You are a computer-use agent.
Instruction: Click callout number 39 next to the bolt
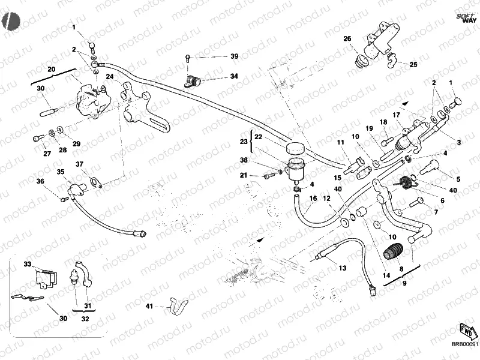pyautogui.click(x=234, y=56)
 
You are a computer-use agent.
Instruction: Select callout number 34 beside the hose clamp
pyautogui.click(x=234, y=77)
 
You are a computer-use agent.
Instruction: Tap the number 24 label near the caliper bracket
pyautogui.click(x=110, y=77)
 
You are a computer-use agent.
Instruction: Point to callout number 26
pyautogui.click(x=347, y=39)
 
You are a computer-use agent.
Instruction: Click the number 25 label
pyautogui.click(x=413, y=64)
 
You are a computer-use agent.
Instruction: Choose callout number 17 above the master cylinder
pyautogui.click(x=396, y=115)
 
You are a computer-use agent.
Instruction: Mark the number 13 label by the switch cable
pyautogui.click(x=343, y=268)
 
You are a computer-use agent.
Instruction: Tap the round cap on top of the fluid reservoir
pyautogui.click(x=294, y=149)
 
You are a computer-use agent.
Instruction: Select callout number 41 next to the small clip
pyautogui.click(x=149, y=307)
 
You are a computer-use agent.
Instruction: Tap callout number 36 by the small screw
pyautogui.click(x=40, y=182)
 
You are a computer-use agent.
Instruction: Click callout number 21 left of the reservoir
pyautogui.click(x=244, y=175)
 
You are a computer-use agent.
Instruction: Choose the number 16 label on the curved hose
pyautogui.click(x=313, y=199)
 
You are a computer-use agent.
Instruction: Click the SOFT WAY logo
pyautogui.click(x=463, y=17)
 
